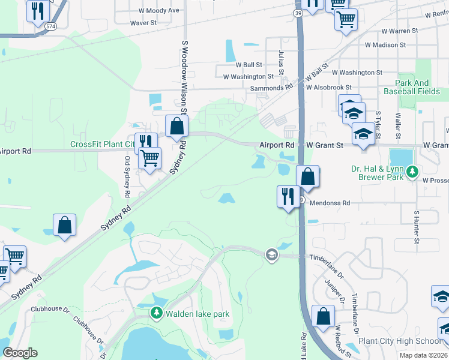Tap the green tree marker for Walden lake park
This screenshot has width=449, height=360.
[157, 313]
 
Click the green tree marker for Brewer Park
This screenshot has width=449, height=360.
[412, 173]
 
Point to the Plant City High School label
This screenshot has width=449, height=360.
[399, 341]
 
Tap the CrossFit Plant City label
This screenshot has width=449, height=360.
[102, 144]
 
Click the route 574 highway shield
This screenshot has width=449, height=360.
[52, 26]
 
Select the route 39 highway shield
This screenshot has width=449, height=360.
[298, 13]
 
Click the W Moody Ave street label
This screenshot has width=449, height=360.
[159, 11]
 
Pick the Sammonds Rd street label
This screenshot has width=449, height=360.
[271, 87]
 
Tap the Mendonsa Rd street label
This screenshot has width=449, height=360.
[329, 203]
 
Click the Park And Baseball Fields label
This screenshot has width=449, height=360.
[420, 88]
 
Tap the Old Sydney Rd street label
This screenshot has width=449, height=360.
[127, 178]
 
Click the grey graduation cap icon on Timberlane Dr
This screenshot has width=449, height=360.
[271, 254]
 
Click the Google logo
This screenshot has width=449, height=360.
[20, 353]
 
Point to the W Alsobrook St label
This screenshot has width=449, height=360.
[332, 87]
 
